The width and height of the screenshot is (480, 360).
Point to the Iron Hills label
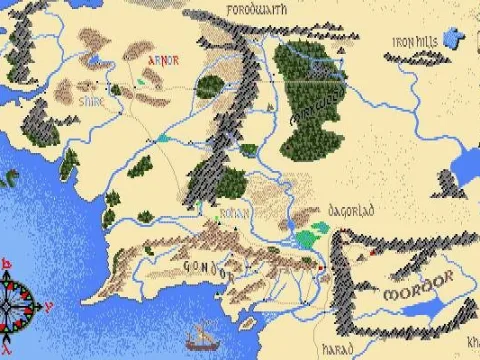[x=416, y=42]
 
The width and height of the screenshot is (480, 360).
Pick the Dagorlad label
[x=350, y=213]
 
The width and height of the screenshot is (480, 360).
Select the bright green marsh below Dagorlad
[x=310, y=236]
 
